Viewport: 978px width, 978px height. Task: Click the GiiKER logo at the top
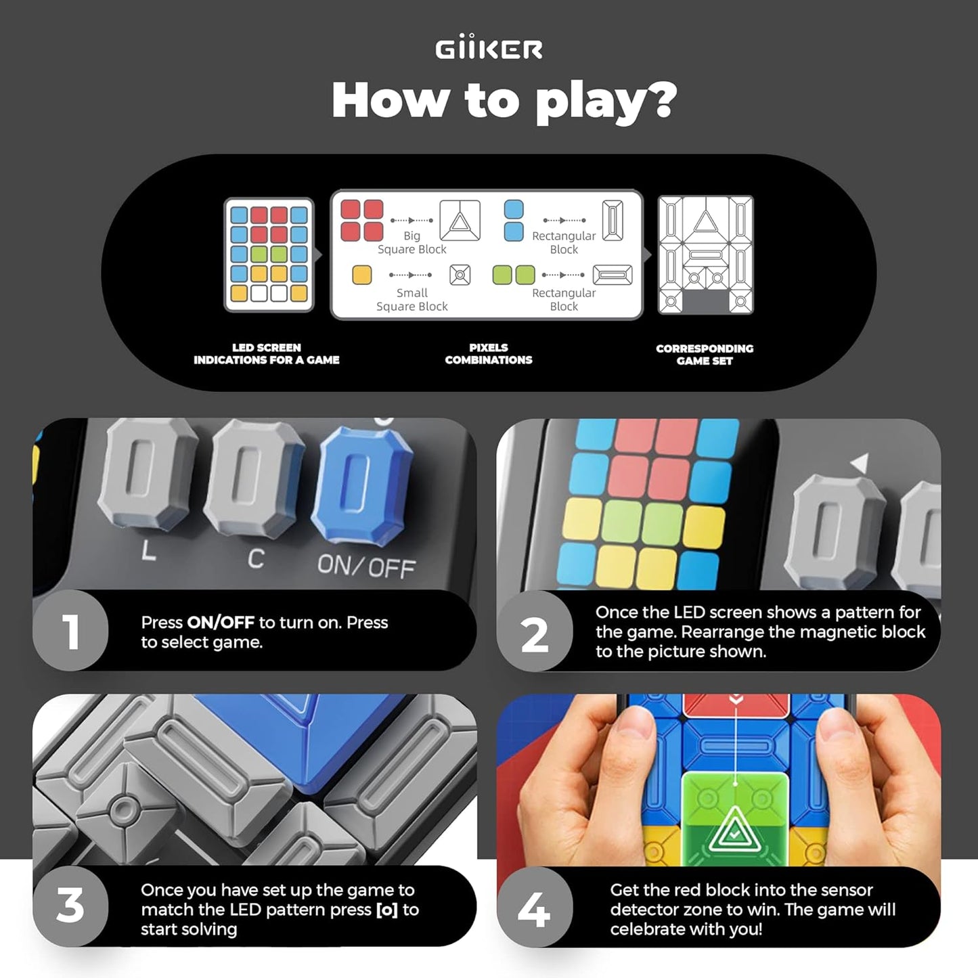coord(489,49)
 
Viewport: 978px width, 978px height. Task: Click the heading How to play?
coord(504,100)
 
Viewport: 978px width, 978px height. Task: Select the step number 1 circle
coord(70,631)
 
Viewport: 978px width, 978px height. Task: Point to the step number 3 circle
coord(70,906)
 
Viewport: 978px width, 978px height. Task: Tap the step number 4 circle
coord(535,908)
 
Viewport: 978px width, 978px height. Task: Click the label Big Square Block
coord(412,242)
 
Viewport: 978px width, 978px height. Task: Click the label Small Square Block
coord(412,299)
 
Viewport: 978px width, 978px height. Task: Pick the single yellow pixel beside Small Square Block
coord(362,275)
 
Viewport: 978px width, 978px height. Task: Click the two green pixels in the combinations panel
coord(514,275)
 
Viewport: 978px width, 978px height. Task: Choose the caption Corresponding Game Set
coord(705,355)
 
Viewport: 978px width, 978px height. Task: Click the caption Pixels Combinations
coord(488,354)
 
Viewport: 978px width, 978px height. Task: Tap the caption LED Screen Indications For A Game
coord(267,354)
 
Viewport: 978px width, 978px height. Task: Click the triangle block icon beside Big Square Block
coord(460,221)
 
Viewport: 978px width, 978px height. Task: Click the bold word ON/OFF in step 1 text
coord(221,623)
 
